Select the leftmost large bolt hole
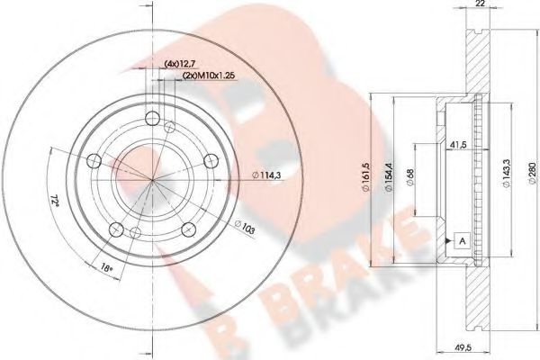tap(94, 159)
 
